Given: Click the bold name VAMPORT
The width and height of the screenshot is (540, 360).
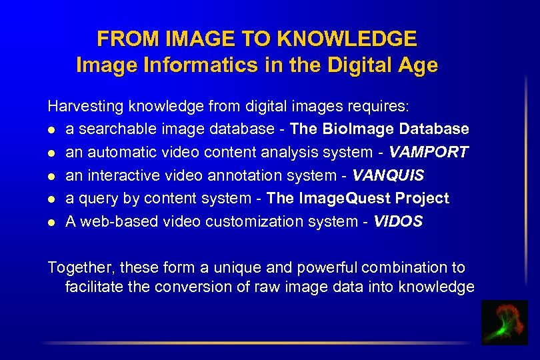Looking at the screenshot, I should coord(429,152).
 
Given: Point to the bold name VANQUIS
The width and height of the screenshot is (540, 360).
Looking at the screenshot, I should coord(388,175).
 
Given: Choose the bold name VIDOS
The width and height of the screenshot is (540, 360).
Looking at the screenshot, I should coord(398,221).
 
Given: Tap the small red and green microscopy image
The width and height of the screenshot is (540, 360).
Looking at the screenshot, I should coord(504,322).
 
